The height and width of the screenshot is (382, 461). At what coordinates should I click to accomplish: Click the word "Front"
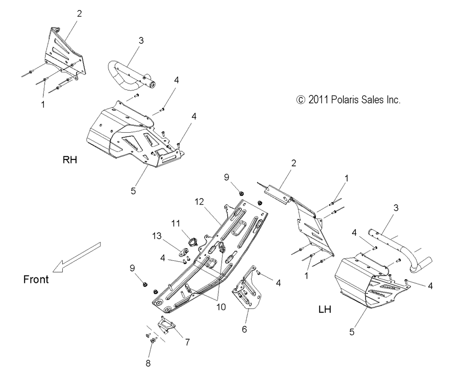[35, 279]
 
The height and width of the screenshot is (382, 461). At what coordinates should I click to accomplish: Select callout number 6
[244, 329]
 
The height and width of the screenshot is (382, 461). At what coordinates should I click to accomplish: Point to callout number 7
[187, 342]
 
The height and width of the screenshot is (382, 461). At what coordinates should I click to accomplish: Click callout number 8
[148, 363]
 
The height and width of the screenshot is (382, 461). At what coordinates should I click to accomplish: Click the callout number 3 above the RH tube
[141, 41]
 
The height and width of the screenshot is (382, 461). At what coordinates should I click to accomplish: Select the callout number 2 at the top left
[79, 13]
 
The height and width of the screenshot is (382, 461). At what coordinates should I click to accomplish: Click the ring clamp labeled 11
[190, 240]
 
